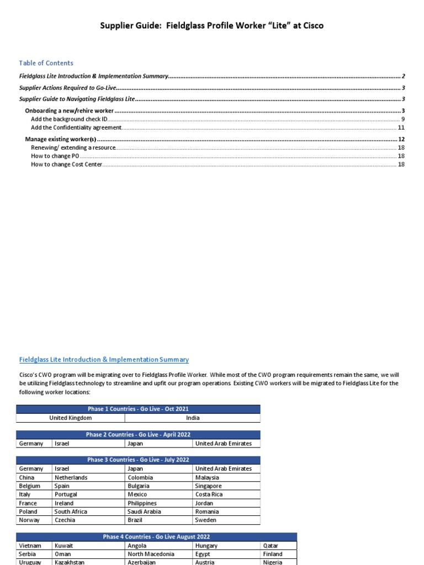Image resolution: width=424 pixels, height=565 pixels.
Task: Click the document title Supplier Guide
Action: click(211, 25)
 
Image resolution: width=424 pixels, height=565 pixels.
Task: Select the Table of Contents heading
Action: click(46, 63)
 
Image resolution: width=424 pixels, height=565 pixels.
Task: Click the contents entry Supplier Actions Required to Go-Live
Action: click(68, 88)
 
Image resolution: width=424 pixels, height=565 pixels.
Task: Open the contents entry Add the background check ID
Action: click(70, 119)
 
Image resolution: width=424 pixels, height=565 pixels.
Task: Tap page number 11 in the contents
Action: click(401, 127)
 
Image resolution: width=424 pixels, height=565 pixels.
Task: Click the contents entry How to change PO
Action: click(52, 156)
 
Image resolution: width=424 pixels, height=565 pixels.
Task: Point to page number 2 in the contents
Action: click(404, 76)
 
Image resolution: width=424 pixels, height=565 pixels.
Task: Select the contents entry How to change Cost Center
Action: click(67, 164)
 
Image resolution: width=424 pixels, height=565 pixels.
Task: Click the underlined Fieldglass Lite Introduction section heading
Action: click(104, 360)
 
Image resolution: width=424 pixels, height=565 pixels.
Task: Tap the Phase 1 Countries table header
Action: click(137, 409)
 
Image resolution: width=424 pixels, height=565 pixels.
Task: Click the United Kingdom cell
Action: click(70, 418)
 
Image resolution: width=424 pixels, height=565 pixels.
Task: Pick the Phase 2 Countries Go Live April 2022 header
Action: click(137, 435)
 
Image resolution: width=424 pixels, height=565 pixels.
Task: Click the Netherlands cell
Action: click(71, 477)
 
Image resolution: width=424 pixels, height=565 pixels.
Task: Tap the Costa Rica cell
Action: click(208, 494)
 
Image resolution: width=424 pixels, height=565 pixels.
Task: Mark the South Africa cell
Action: click(71, 511)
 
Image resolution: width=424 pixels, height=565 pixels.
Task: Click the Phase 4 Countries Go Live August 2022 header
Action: click(156, 537)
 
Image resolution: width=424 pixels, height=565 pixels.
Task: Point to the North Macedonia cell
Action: click(151, 554)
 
